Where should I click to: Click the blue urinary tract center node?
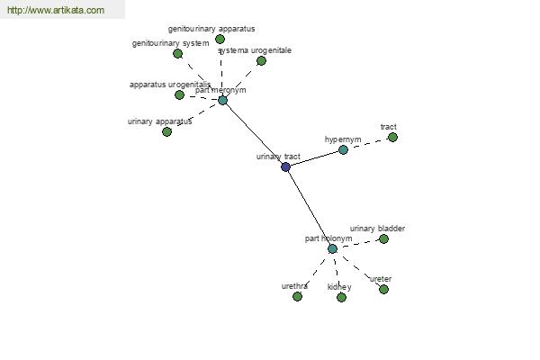[285, 166]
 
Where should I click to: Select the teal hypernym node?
[343, 149]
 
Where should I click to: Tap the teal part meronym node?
[222, 100]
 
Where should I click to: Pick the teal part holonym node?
[332, 248]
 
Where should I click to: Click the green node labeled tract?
[392, 137]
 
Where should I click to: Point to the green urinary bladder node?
[383, 238]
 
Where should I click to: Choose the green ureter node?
[383, 289]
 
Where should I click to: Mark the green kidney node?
[341, 297]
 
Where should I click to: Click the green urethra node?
[297, 296]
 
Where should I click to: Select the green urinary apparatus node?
[166, 131]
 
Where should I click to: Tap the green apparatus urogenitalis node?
[179, 94]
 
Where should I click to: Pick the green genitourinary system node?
[177, 53]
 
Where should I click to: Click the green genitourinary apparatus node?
[220, 39]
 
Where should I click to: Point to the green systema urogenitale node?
[261, 60]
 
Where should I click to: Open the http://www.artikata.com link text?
[56, 11]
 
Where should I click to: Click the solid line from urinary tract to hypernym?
[314, 158]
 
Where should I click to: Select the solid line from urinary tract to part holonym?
[309, 207]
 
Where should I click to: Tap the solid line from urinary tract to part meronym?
[254, 133]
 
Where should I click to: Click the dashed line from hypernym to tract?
[367, 143]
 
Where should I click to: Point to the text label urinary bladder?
[377, 229]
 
